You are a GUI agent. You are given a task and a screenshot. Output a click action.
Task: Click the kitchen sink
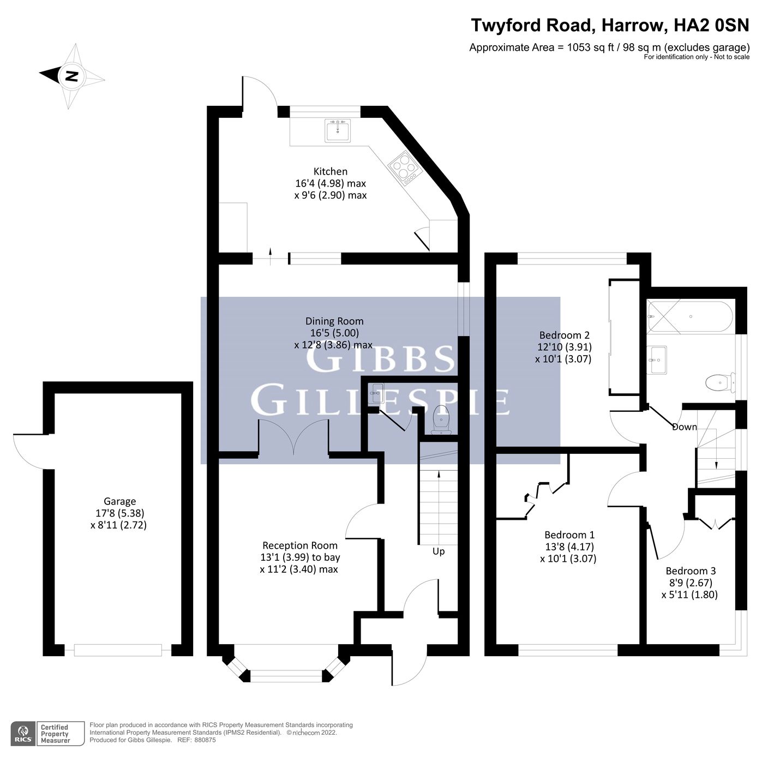point(337,130)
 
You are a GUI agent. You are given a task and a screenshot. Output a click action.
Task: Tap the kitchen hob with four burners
point(405,166)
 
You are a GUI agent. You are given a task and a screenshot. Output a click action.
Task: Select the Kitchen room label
point(330,171)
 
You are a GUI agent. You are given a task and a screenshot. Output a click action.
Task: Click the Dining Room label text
point(334,321)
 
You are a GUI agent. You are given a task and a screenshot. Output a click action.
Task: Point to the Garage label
point(119,501)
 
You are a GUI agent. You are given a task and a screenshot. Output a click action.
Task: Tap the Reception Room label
point(299,545)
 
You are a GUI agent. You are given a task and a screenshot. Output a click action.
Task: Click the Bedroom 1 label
point(569,535)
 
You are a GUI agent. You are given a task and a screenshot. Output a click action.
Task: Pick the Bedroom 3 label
point(690,571)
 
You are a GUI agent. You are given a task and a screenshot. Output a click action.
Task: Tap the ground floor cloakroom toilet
point(440,419)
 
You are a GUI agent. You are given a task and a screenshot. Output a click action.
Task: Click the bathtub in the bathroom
point(689,316)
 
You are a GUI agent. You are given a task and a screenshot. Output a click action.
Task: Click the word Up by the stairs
point(439,551)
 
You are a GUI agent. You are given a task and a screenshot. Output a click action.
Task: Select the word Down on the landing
point(684,427)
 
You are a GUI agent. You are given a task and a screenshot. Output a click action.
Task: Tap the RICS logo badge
point(23,733)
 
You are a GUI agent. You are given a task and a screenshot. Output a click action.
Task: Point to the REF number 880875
point(205,740)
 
